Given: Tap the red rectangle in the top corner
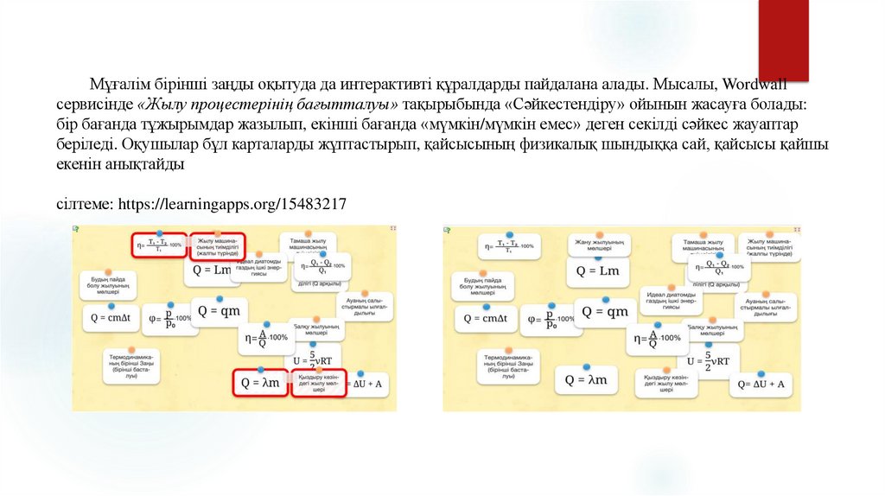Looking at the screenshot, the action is [x=783, y=39].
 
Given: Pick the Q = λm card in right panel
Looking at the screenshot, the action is [x=586, y=379].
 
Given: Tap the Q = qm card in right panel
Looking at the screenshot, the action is [x=604, y=312].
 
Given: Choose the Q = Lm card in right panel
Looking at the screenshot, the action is [x=597, y=271].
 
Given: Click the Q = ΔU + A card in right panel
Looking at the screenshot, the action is [x=761, y=384].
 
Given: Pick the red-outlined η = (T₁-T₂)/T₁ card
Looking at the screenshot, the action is [x=158, y=245].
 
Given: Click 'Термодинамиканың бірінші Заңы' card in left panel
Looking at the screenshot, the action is [x=131, y=366].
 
